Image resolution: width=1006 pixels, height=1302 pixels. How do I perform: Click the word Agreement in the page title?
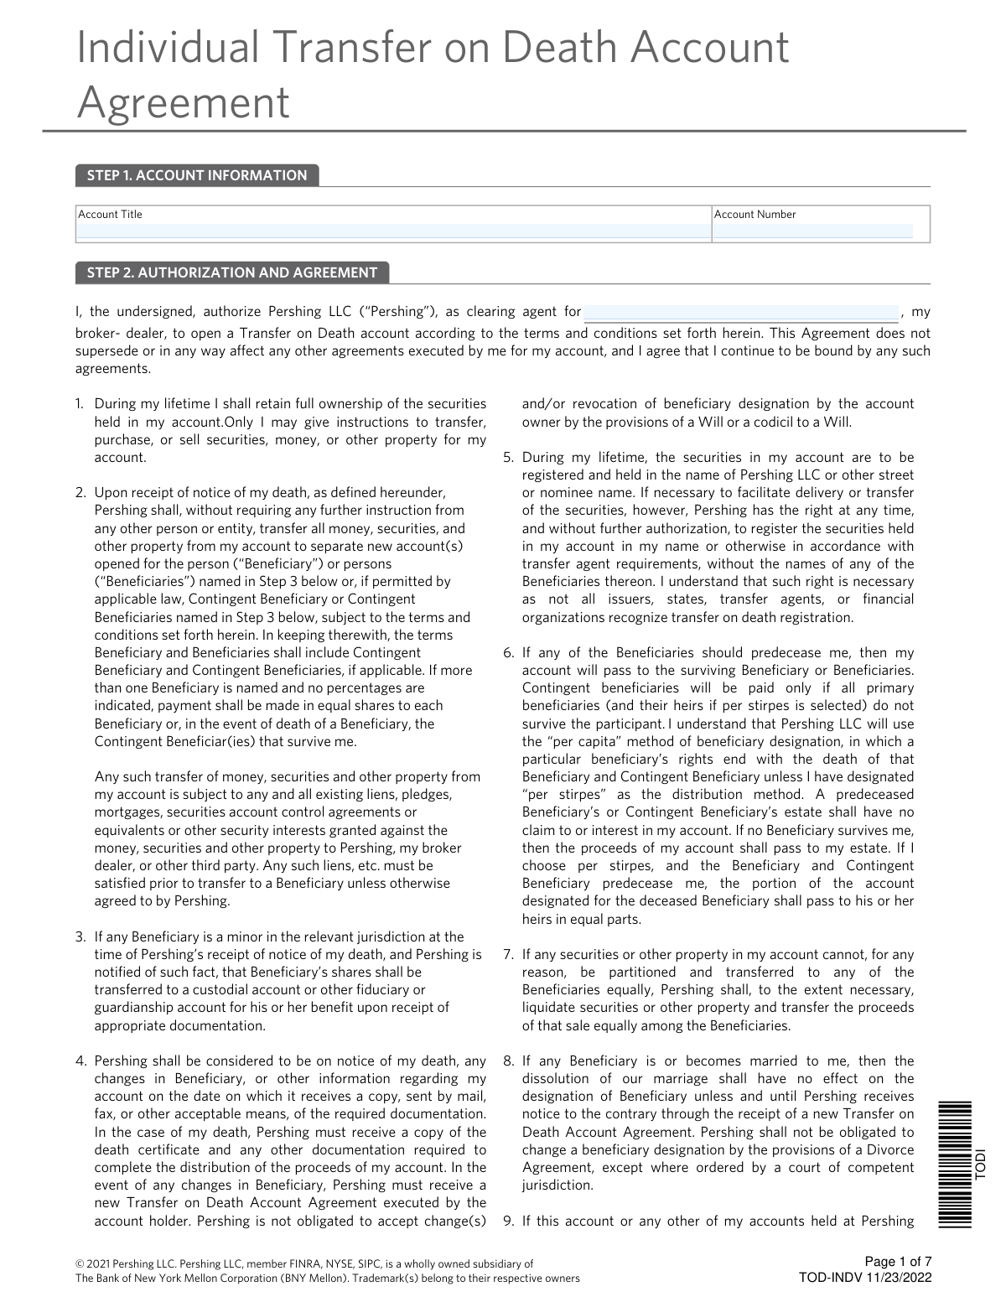point(183,104)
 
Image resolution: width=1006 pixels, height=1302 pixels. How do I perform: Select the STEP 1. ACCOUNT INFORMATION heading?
point(197,175)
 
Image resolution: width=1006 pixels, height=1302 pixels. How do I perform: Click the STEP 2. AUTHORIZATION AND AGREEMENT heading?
point(232,272)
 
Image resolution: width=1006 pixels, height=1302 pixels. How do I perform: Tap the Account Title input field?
point(392,232)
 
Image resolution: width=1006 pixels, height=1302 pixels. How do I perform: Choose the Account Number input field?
point(812,232)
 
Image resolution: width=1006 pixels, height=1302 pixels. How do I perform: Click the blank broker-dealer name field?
point(740,313)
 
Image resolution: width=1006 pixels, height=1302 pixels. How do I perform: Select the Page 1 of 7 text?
point(898,1262)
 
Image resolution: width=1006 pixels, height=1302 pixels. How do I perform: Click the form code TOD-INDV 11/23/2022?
point(865,1278)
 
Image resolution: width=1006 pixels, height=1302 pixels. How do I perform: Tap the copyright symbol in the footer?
point(80,1263)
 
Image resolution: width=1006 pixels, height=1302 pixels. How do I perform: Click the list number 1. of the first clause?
point(80,404)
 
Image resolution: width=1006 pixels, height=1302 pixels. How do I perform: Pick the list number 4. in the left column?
point(80,1061)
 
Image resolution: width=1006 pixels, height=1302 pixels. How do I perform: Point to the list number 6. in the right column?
point(508,653)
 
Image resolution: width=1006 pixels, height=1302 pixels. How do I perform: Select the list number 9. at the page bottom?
point(508,1222)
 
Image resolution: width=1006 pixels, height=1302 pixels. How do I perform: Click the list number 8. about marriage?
point(508,1061)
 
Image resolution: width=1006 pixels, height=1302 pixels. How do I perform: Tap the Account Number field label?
point(754,215)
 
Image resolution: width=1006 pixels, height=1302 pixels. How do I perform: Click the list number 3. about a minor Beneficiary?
point(80,936)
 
